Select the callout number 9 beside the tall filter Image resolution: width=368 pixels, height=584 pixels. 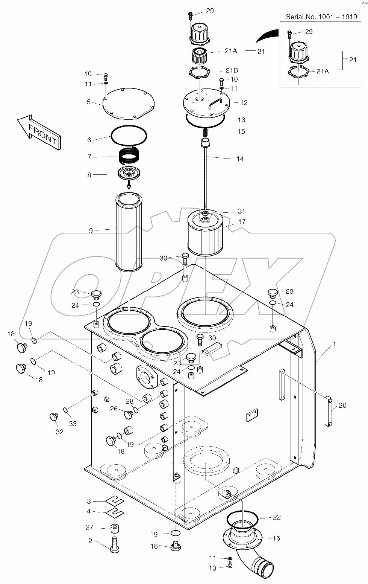point(91,230)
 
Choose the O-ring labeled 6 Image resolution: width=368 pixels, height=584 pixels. point(129,135)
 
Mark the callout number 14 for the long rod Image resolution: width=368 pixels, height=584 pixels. point(240,159)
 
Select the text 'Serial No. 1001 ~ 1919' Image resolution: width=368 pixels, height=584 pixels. point(321,17)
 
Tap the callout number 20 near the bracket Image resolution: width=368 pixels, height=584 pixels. point(342,406)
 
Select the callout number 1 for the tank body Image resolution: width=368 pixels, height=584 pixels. point(334,344)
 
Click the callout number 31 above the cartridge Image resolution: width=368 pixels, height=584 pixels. point(241,211)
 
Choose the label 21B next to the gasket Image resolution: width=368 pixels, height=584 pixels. point(232,70)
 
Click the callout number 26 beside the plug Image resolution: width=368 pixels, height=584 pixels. point(114,409)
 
